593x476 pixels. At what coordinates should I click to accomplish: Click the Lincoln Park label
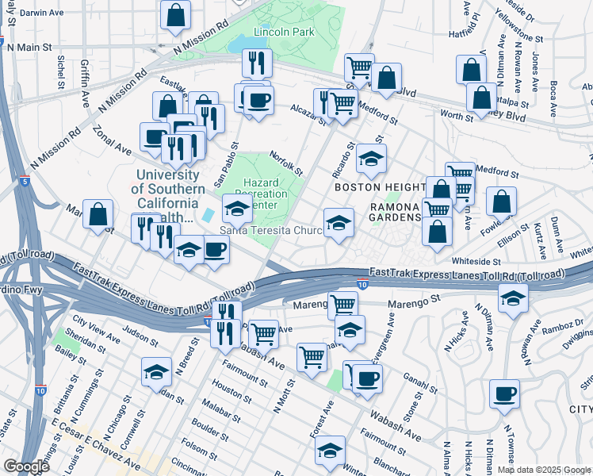coord(284,32)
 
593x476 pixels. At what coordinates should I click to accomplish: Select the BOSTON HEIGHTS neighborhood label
coord(373,187)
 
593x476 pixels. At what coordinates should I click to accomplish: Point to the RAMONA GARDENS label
coord(395,212)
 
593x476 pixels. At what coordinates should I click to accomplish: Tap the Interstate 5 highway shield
coord(27,182)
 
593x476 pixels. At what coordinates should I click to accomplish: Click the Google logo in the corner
coord(26,466)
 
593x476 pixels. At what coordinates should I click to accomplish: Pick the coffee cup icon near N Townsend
coord(503,393)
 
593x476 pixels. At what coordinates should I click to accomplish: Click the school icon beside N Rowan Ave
coord(513,298)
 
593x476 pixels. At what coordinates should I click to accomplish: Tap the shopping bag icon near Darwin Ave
coord(175,13)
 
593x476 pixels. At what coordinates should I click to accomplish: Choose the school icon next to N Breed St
coord(156,371)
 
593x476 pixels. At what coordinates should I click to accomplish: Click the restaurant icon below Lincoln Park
coord(256,63)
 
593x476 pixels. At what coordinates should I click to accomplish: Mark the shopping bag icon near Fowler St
coord(501,202)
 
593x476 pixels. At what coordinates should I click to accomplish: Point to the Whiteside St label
coord(476,261)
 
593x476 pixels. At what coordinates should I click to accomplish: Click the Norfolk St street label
coord(286,163)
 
